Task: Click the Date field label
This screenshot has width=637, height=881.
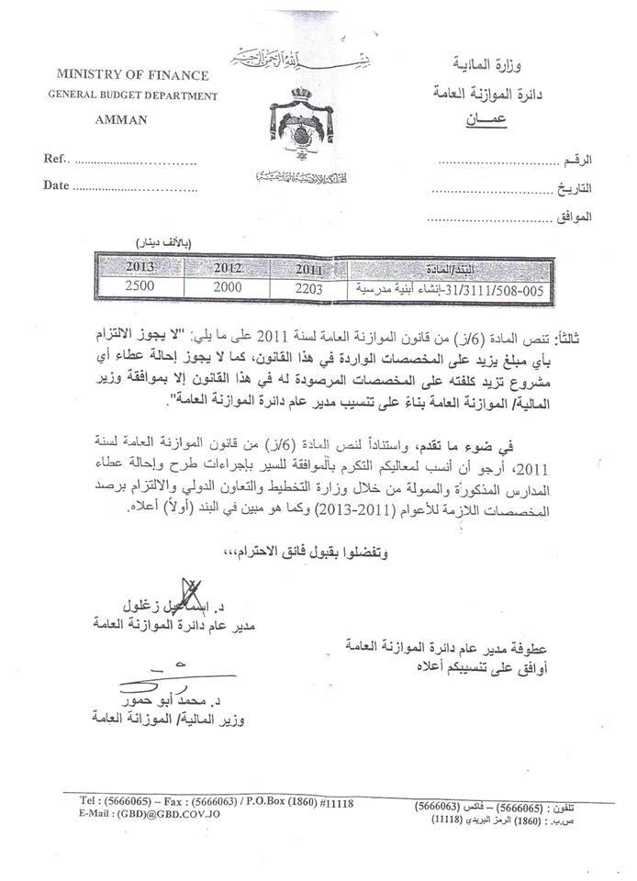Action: [x=56, y=186]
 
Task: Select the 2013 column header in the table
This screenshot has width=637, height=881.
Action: [x=129, y=268]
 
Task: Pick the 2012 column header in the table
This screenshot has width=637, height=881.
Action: [x=227, y=269]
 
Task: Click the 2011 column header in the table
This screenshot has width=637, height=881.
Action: [x=311, y=270]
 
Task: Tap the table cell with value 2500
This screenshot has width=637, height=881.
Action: [x=129, y=285]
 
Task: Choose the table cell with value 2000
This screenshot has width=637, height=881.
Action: [x=227, y=286]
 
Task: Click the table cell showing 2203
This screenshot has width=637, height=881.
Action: [x=311, y=287]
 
